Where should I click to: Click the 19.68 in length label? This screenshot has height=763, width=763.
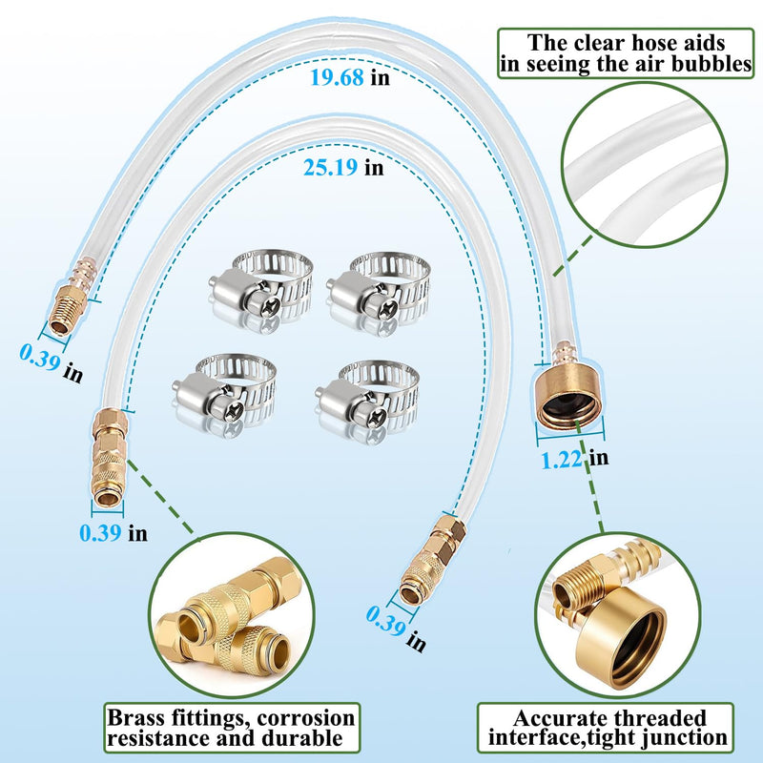pyautogui.click(x=350, y=77)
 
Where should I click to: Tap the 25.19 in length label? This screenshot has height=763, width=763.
pyautogui.click(x=343, y=168)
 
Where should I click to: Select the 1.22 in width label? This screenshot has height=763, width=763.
pyautogui.click(x=575, y=459)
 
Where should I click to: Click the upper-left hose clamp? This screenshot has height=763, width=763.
pyautogui.click(x=261, y=290)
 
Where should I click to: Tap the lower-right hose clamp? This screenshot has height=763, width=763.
pyautogui.click(x=367, y=398)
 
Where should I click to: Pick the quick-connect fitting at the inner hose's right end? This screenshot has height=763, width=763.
pyautogui.click(x=431, y=560)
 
